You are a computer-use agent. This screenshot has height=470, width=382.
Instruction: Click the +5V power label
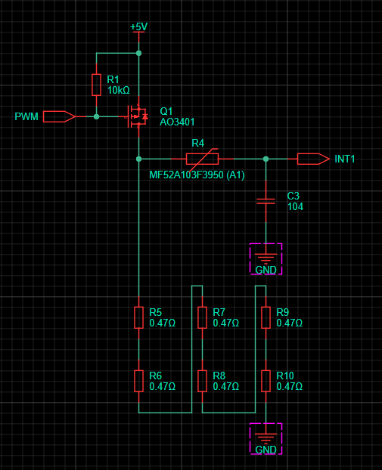pos(138,27)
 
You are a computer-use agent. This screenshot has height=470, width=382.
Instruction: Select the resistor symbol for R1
pos(96,85)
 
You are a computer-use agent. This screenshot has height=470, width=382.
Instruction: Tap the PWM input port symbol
pos(59,116)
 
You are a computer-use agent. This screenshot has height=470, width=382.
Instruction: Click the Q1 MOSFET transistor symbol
pos(138,116)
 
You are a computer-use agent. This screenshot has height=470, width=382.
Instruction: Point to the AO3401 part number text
pos(177,122)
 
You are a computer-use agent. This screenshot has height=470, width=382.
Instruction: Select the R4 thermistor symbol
pos(202,159)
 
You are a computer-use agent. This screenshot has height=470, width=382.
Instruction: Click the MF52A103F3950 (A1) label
pos(197,175)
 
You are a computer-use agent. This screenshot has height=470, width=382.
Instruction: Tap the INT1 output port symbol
pos(313,159)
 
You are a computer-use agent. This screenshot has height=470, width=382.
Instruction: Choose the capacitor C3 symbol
pos(266,201)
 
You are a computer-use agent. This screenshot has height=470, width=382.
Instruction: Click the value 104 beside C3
pos(295,206)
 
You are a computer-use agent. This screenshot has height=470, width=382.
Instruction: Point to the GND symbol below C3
pos(266,258)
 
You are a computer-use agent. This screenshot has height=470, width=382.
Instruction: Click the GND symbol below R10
pos(266,438)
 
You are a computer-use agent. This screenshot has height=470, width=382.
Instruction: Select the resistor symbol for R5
pos(138,317)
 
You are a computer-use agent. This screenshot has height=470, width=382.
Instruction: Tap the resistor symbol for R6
pos(138,381)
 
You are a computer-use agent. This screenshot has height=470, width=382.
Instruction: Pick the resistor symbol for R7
pos(202,317)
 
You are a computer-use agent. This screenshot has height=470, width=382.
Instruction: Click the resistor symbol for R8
pos(202,381)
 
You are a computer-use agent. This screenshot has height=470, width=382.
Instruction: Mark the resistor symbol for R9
pos(266,317)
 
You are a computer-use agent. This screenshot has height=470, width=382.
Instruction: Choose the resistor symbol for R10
pos(266,381)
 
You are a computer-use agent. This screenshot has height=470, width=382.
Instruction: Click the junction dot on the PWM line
pos(96,116)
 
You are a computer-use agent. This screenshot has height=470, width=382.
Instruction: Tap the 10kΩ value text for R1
pos(119,90)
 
